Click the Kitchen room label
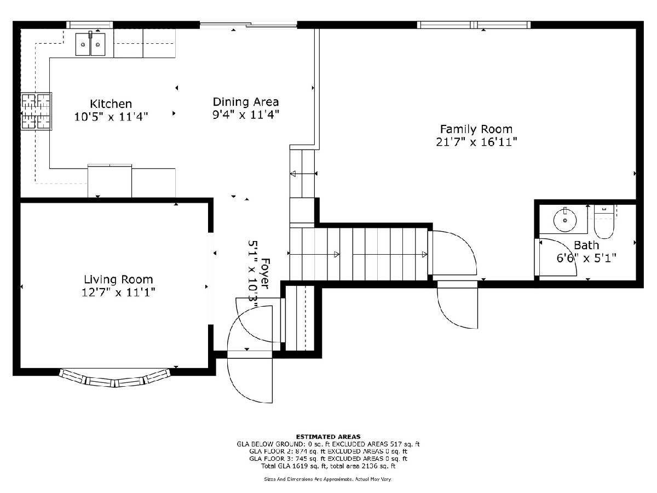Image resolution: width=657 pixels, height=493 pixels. click(x=111, y=104)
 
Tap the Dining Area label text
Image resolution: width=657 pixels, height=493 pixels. click(x=246, y=102)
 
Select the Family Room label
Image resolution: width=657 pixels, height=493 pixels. click(x=476, y=129)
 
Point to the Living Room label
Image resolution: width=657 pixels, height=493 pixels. click(x=118, y=279)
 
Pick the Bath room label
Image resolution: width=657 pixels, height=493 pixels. click(x=586, y=245)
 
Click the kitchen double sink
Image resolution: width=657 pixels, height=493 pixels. click(x=90, y=44)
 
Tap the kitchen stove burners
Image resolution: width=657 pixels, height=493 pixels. click(x=37, y=111)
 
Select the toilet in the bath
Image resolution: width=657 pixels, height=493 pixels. click(x=604, y=221)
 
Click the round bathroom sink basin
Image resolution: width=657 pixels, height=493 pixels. click(x=565, y=220)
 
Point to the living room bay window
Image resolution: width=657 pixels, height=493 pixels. click(x=115, y=378)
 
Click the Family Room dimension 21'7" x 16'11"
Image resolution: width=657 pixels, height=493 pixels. click(x=476, y=142)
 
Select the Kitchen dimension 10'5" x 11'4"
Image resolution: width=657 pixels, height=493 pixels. click(x=111, y=117)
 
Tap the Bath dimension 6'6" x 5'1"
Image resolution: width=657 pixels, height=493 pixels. click(x=586, y=258)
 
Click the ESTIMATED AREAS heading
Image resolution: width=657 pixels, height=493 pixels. click(x=328, y=437)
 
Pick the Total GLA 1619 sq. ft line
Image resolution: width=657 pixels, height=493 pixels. click(x=328, y=466)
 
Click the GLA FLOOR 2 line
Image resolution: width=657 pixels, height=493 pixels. click(x=328, y=451)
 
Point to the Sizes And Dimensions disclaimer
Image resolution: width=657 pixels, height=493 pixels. click(x=328, y=479)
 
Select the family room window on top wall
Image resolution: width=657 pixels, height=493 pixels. click(x=474, y=25)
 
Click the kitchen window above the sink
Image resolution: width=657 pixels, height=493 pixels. click(x=90, y=25)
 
